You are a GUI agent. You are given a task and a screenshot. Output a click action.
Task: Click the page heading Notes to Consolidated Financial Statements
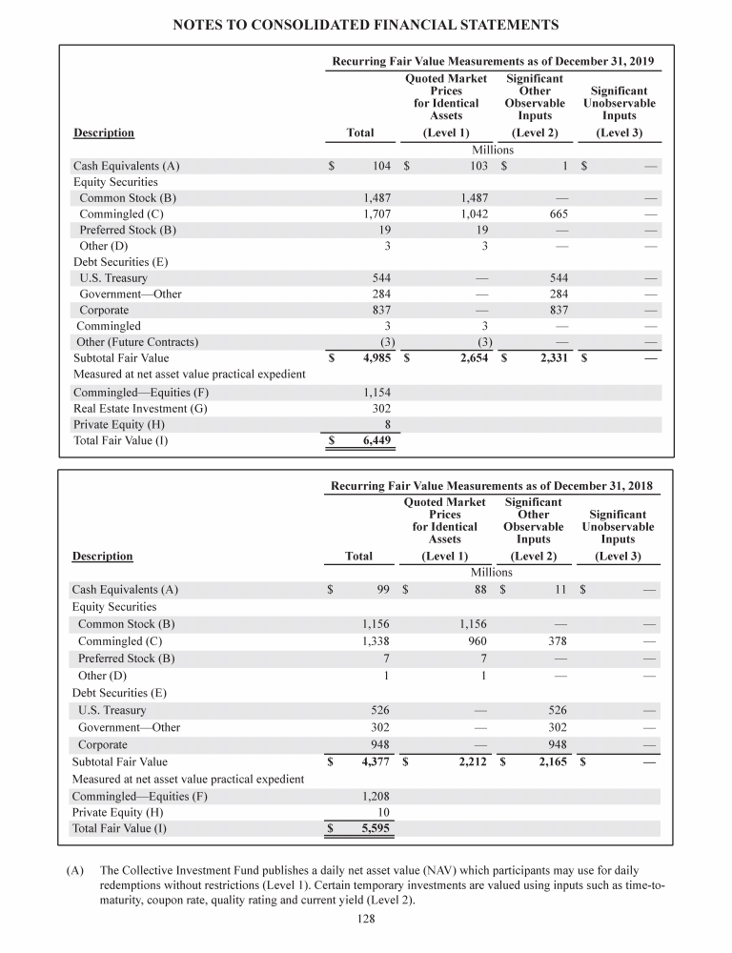click(x=366, y=23)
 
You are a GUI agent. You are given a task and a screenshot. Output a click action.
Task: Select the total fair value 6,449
click(x=373, y=441)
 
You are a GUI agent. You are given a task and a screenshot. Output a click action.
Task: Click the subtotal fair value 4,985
click(x=373, y=358)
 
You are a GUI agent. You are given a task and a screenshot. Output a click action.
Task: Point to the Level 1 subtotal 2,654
click(x=468, y=358)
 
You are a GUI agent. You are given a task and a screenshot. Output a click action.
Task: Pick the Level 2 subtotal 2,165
click(x=547, y=762)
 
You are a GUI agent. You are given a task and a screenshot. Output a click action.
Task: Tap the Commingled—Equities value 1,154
click(x=376, y=393)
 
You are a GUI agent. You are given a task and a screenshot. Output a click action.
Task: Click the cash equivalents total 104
click(x=381, y=166)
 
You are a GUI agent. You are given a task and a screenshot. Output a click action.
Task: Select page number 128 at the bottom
click(x=365, y=920)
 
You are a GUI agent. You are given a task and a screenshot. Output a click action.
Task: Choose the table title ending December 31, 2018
click(x=491, y=485)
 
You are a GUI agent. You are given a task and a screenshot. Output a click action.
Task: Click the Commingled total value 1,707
click(x=376, y=214)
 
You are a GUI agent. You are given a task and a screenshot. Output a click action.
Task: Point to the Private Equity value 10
click(x=385, y=812)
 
